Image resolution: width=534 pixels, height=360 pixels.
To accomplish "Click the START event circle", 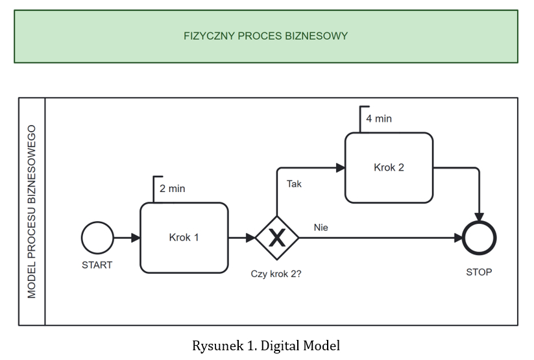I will [97, 237].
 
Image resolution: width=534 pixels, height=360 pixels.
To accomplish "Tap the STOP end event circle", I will [479, 238].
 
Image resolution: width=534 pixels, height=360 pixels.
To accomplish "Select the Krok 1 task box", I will [184, 237].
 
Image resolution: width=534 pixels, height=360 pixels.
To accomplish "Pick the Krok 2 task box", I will [389, 167].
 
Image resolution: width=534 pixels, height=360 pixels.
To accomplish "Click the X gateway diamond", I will [277, 238].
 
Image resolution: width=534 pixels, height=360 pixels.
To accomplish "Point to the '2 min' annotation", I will [172, 189].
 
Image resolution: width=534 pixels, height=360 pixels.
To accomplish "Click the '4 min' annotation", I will [379, 119].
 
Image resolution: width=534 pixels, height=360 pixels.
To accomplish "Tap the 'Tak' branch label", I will [294, 184].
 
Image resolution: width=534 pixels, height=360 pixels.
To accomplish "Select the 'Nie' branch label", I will [321, 228].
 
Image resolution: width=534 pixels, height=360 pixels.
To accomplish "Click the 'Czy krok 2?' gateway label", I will [276, 274].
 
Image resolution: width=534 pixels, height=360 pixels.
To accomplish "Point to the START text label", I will [97, 265].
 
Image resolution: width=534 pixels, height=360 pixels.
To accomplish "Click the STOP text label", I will [479, 272].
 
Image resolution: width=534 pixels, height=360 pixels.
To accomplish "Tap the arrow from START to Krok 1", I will [127, 238].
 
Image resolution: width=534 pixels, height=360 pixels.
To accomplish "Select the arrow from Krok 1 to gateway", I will [241, 238].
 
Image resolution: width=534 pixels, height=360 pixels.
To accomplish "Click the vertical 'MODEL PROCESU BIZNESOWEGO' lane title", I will [32, 211].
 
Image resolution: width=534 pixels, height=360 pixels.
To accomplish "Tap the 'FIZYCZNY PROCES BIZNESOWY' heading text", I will [265, 36].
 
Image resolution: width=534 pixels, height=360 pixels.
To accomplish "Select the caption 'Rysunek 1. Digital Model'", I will [265, 345].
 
